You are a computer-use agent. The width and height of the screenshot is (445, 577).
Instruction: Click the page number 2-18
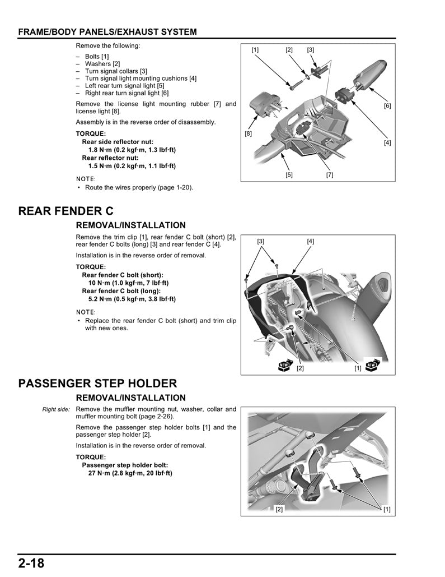point(31,563)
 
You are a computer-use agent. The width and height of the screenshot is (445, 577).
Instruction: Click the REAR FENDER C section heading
point(66,211)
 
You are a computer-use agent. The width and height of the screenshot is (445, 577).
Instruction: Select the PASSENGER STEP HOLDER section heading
point(98,384)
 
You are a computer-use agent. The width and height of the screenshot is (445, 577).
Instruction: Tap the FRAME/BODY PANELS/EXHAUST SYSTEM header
point(107,32)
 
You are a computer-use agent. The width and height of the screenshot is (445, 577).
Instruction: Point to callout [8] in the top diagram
point(249,134)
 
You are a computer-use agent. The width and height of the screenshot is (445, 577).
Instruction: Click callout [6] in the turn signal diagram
point(387,106)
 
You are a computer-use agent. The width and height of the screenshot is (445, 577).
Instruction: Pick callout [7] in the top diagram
point(330,175)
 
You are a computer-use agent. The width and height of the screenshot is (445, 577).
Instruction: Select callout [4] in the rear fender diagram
point(311,241)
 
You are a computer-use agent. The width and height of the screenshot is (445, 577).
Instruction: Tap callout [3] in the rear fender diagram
point(261,241)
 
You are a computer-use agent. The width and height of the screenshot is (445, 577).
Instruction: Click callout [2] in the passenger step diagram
point(279,509)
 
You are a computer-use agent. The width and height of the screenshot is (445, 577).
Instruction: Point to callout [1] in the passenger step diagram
point(387,509)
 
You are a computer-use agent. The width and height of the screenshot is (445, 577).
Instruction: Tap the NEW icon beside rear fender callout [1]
point(372,366)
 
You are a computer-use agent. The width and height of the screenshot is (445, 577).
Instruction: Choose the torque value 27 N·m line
point(130,473)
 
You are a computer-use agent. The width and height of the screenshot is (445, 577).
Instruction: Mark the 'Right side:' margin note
point(56,409)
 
